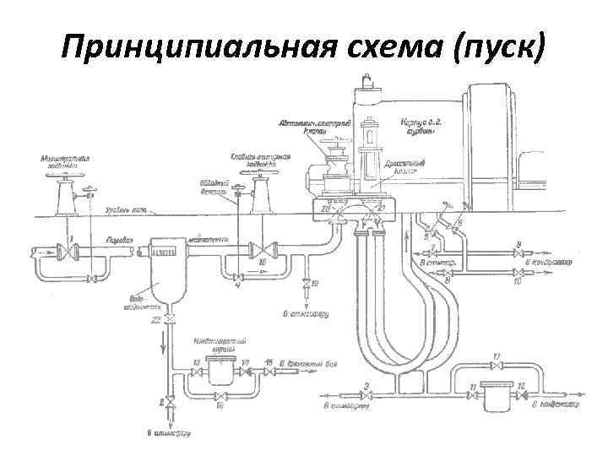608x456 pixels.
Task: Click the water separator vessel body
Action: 163,270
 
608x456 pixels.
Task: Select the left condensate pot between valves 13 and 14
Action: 222,369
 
